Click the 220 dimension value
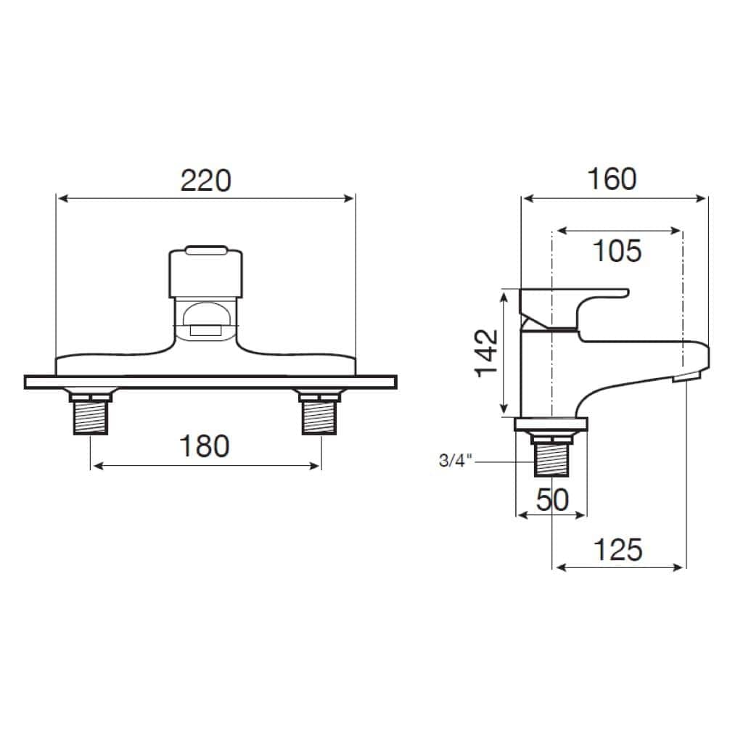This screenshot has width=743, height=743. click(x=205, y=181)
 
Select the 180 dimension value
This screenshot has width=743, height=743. click(x=204, y=446)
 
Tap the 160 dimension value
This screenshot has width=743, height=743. click(x=611, y=179)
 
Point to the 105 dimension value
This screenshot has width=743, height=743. click(x=617, y=251)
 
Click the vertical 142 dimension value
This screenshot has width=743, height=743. click(x=487, y=353)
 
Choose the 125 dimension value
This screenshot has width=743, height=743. click(x=618, y=550)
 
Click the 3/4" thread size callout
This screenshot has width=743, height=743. click(x=456, y=461)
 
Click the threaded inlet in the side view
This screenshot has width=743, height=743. click(x=551, y=459)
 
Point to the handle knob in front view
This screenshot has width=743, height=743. click(x=205, y=272)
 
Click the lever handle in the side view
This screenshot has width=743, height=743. click(x=573, y=305)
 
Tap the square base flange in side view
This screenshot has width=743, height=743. click(x=551, y=424)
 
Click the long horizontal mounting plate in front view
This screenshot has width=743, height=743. click(x=210, y=382)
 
